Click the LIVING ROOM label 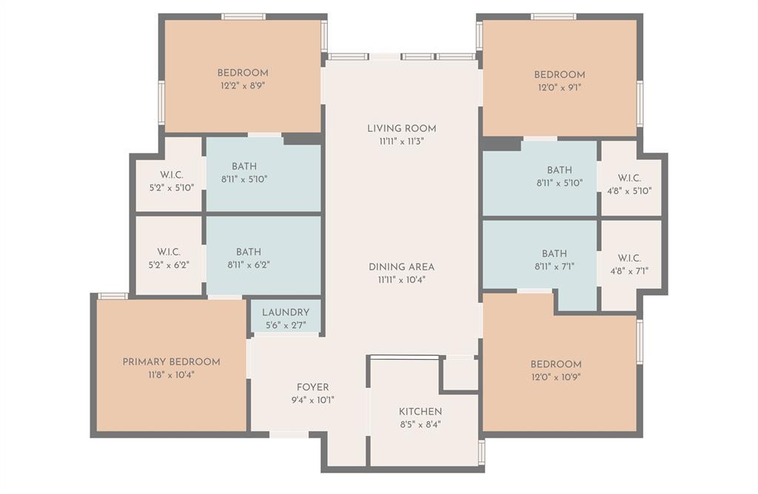tap(401, 128)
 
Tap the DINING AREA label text tap(401, 267)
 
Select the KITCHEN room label tap(420, 412)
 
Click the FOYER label tap(312, 387)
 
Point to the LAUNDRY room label tap(285, 313)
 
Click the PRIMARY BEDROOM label tap(171, 362)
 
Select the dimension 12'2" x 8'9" tap(242, 86)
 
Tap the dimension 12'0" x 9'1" tap(560, 87)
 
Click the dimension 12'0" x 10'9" tap(556, 377)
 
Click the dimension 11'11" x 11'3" tap(401, 141)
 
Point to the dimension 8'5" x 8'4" tap(420, 424)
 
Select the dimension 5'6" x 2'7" tap(285, 324)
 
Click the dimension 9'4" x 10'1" tap(312, 400)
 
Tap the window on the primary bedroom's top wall tap(113, 296)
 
